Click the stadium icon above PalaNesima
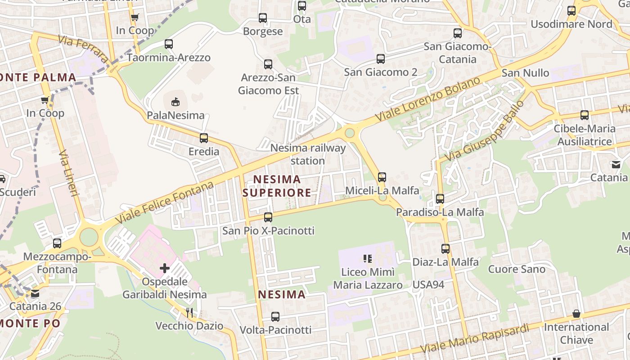[x=175, y=102]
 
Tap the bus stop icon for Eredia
[x=204, y=138]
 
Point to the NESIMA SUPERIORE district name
[x=277, y=186]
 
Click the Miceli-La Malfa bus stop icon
[x=382, y=177]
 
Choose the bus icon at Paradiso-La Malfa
[x=440, y=199]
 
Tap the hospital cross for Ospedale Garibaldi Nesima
[x=165, y=269]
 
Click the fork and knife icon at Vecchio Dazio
[x=190, y=313]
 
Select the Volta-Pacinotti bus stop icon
[x=275, y=317]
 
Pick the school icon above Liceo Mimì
[x=368, y=259]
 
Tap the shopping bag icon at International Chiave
[x=576, y=314]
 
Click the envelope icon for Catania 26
[x=35, y=294]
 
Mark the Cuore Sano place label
[x=517, y=269]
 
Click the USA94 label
[x=428, y=284]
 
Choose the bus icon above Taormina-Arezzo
[x=169, y=44]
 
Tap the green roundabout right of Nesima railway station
[x=350, y=133]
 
